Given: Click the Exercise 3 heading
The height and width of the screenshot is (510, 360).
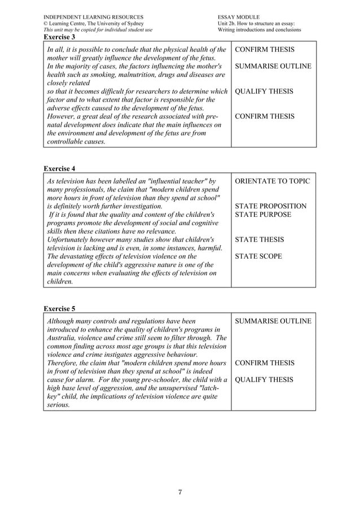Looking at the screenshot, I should point(60,37).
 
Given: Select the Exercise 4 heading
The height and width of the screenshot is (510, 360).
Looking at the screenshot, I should point(60,168).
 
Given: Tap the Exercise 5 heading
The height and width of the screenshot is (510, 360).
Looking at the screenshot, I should point(60,308).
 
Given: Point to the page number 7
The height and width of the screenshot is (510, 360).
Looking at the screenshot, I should point(180,492).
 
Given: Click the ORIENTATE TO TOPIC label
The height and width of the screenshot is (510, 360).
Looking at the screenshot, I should point(272,181).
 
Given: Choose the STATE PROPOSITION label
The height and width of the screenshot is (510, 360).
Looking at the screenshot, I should point(271,206).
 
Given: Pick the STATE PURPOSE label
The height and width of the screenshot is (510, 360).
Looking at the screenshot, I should point(263,215).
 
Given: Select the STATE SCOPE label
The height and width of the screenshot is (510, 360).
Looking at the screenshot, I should point(259,256).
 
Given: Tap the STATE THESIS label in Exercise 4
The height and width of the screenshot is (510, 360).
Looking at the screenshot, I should point(260,239).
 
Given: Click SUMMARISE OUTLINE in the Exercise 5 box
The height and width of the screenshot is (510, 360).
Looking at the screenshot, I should point(273,321).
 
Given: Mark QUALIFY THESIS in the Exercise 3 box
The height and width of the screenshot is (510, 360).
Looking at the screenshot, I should point(264,91).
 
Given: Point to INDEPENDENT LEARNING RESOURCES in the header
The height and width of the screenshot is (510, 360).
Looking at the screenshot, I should point(93,18).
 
